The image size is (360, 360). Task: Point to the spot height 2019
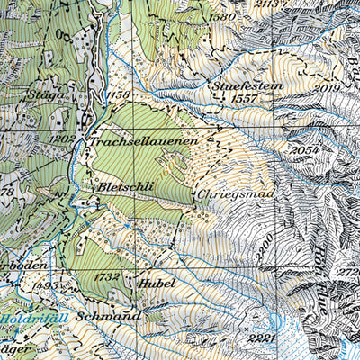(x=328, y=87)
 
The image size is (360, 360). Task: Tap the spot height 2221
(x=263, y=337)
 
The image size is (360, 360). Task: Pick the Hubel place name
(x=157, y=282)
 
